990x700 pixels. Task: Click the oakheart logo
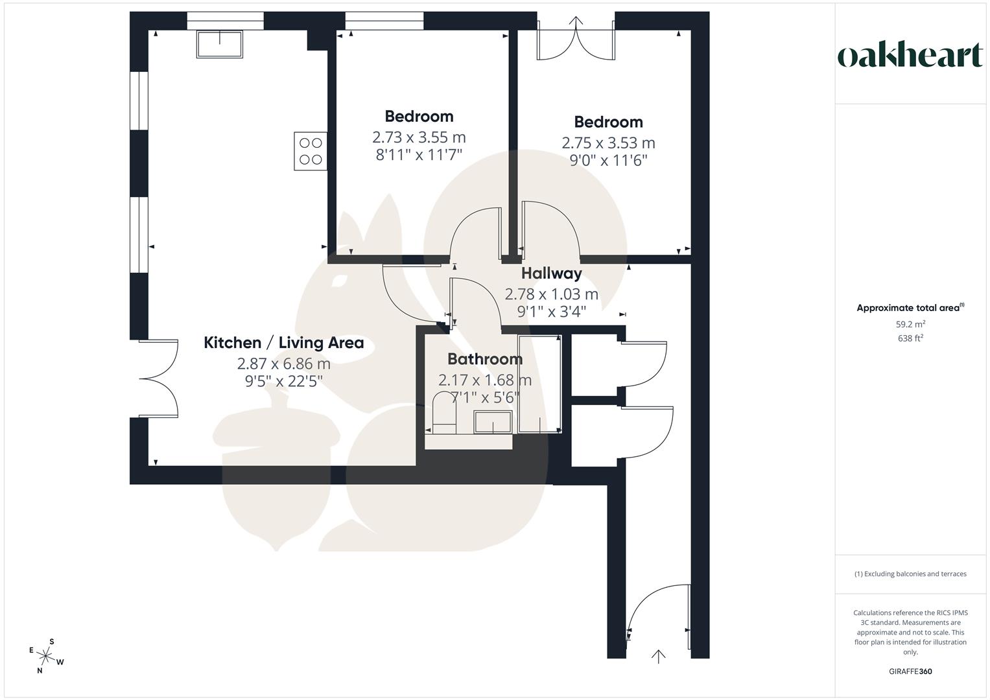(x=910, y=56)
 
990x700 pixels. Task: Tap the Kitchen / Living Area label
(x=283, y=343)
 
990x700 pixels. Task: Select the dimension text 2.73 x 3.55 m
(x=419, y=137)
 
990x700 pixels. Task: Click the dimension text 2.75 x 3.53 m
(x=608, y=143)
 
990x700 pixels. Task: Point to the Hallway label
(x=551, y=274)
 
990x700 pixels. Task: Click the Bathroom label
(x=484, y=359)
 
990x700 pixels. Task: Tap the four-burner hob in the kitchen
(x=311, y=151)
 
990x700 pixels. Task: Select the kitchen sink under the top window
(x=220, y=44)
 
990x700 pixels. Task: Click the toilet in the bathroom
(x=445, y=412)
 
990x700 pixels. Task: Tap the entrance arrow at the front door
(x=658, y=656)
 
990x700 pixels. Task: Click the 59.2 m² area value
(x=910, y=325)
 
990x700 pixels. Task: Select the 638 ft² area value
(x=910, y=338)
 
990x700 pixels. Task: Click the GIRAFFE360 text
(x=910, y=671)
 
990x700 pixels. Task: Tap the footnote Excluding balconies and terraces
(x=910, y=574)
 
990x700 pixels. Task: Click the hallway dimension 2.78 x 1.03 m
(x=551, y=294)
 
